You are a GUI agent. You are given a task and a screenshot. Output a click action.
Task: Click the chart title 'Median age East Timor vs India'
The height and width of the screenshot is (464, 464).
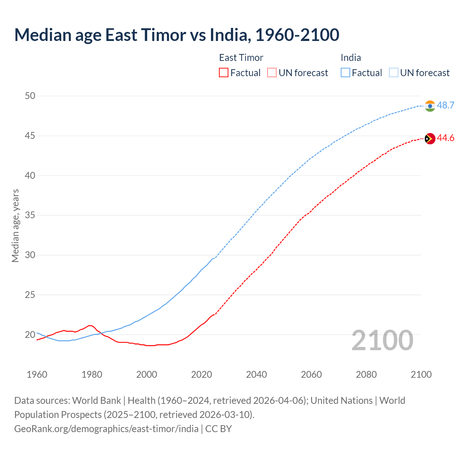click(x=177, y=35)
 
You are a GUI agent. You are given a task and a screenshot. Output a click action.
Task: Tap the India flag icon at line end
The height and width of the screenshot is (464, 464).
click(x=430, y=106)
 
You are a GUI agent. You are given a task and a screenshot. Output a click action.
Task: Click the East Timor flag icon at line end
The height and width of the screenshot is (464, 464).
click(x=430, y=138)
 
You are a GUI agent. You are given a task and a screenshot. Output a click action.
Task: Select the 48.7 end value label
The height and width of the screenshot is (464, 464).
click(x=446, y=105)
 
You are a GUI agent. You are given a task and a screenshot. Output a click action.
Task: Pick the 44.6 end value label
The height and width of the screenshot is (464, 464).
click(x=446, y=138)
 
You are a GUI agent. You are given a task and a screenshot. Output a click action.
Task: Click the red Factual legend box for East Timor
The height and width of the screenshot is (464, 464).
click(x=224, y=73)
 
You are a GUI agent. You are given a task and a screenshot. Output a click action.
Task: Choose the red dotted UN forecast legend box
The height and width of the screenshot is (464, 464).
click(x=272, y=73)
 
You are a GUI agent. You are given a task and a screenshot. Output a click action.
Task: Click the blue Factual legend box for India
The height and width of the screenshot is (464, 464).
click(x=345, y=73)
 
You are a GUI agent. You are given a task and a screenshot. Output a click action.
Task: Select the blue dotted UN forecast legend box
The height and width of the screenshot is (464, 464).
click(x=394, y=73)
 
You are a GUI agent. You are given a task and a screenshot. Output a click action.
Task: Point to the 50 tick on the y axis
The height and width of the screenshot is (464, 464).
click(x=30, y=96)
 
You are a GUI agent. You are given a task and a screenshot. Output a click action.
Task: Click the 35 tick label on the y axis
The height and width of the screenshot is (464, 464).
click(x=30, y=215)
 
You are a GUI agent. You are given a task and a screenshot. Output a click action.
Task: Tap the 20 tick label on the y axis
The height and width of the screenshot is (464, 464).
click(x=30, y=335)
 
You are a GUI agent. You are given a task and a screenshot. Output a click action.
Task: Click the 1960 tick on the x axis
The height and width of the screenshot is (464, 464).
click(x=37, y=374)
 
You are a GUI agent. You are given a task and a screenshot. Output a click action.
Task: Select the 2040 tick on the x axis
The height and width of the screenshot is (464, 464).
click(x=256, y=374)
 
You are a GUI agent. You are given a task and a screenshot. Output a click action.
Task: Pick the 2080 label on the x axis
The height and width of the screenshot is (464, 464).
click(x=366, y=374)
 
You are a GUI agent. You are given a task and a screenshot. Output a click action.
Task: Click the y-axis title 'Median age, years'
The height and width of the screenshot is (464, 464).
click(x=15, y=225)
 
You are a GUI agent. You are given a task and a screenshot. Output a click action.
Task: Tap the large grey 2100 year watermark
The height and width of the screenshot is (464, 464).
click(x=382, y=340)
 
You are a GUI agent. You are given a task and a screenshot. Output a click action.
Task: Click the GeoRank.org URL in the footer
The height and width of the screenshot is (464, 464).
click(x=106, y=428)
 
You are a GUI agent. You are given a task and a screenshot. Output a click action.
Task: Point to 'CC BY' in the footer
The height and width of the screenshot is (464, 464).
click(x=219, y=428)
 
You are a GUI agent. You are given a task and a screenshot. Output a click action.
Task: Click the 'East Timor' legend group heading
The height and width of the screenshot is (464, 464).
click(x=241, y=58)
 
